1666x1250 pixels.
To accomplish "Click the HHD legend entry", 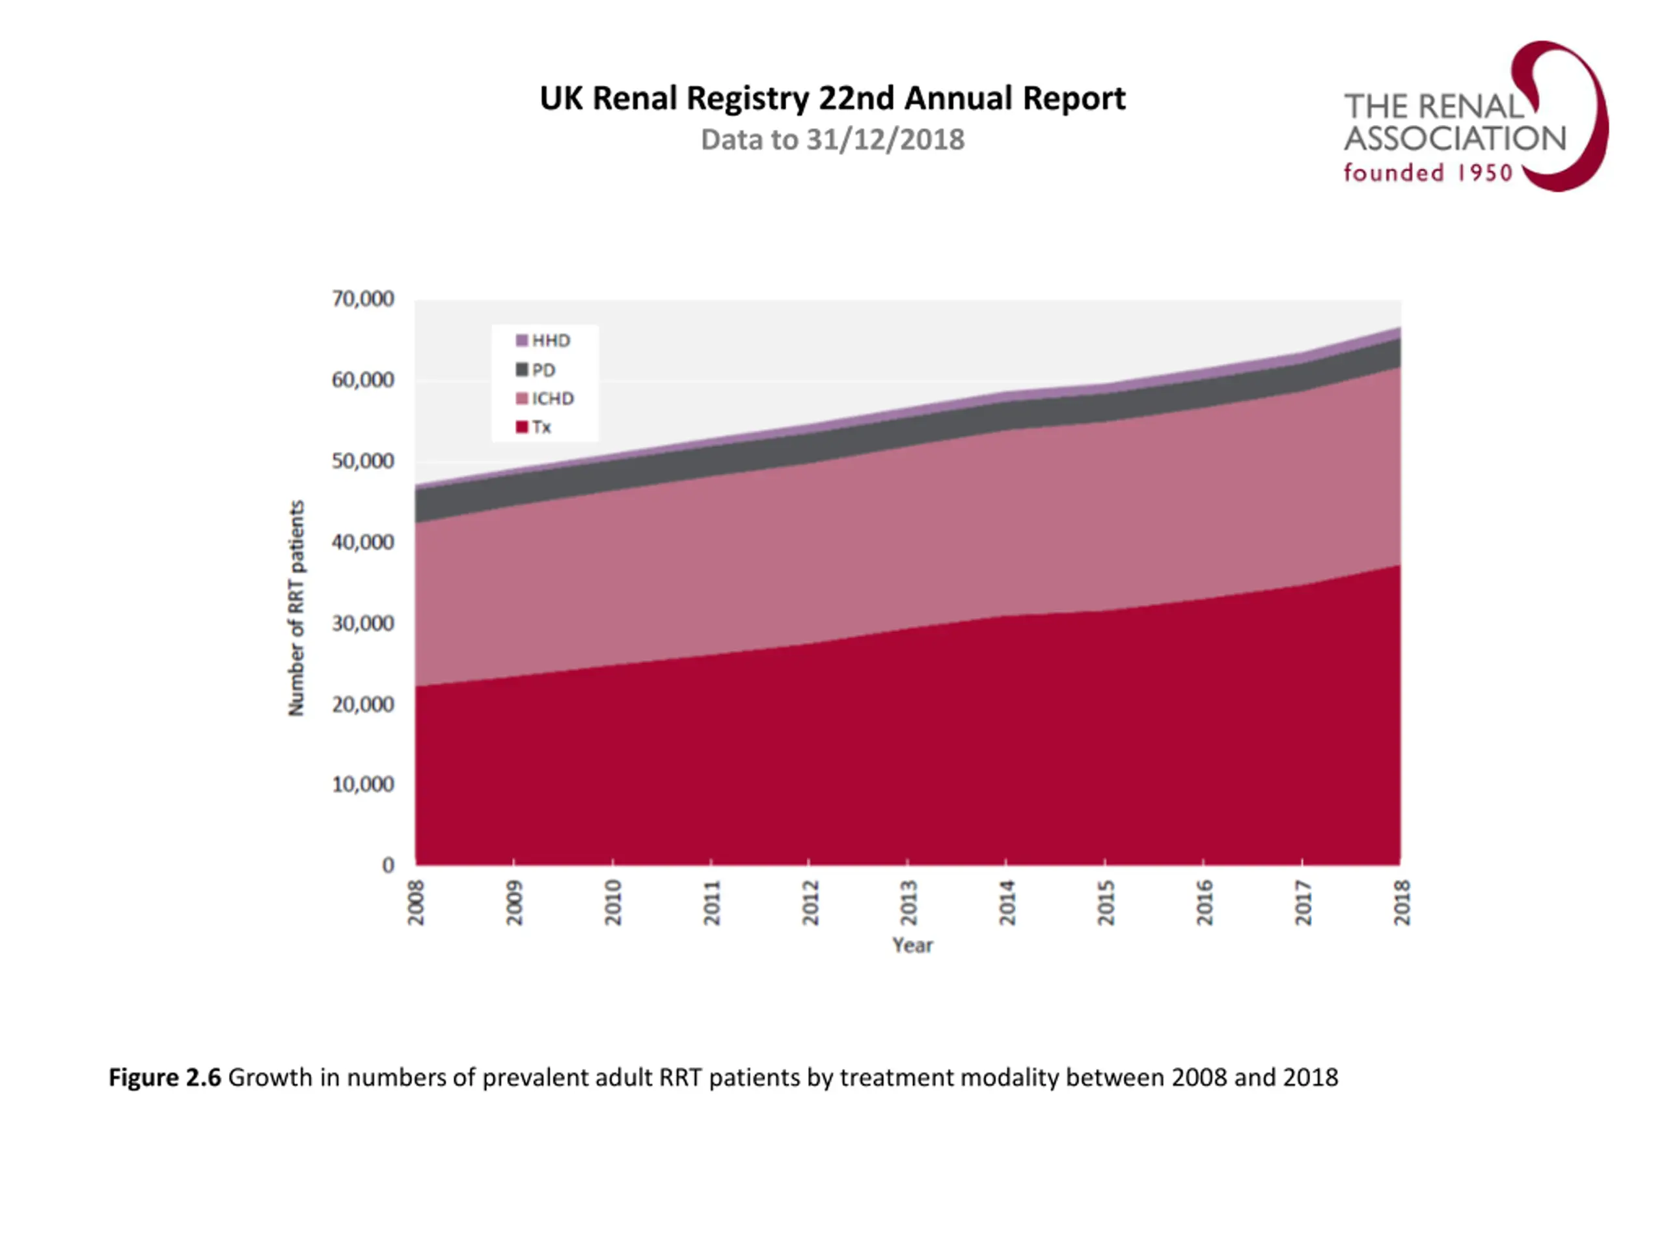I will [x=543, y=340].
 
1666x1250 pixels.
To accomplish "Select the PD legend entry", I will [x=536, y=370].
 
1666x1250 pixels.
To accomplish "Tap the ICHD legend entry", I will [x=545, y=398].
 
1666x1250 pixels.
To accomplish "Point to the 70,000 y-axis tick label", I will [x=363, y=299].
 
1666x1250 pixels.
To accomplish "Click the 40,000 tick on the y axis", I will [x=363, y=542].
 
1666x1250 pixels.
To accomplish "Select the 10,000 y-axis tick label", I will [x=363, y=785].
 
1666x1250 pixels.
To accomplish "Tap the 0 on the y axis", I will [x=388, y=865].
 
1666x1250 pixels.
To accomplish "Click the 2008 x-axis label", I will [x=416, y=902].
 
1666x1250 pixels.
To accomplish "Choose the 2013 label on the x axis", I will [x=908, y=902].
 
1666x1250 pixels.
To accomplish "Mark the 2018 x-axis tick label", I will [x=1402, y=902].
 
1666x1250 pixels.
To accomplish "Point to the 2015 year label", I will [x=1106, y=902].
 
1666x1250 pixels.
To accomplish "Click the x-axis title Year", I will [x=912, y=945].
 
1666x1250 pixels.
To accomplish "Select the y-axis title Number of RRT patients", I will [x=296, y=608].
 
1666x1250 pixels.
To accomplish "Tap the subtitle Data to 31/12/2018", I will [x=832, y=140].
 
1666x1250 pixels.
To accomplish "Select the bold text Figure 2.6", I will [x=165, y=1077].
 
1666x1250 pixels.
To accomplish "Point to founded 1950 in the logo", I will [x=1428, y=173].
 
